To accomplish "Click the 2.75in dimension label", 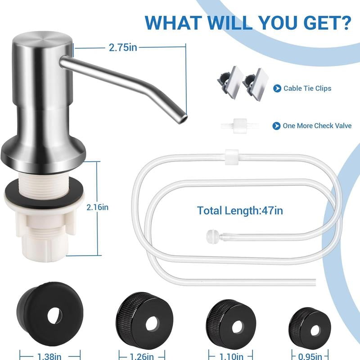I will point(123,47).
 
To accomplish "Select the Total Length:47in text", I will point(240,210).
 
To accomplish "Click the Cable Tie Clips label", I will point(307,88).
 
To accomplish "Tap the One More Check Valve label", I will point(317,126).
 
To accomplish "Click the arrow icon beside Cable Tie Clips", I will point(277,88).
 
